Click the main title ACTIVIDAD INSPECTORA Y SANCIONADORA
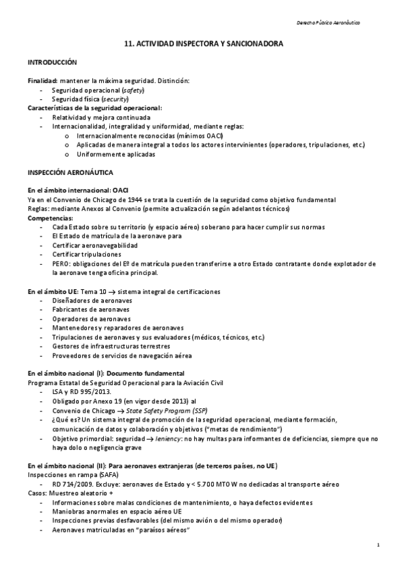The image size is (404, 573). (x=203, y=43)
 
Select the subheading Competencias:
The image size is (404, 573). (x=50, y=218)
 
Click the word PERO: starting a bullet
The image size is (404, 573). (x=62, y=264)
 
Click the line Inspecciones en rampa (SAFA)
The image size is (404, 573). (x=69, y=475)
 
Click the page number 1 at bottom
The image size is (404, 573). (x=379, y=545)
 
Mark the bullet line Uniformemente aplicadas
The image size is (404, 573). (x=115, y=154)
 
